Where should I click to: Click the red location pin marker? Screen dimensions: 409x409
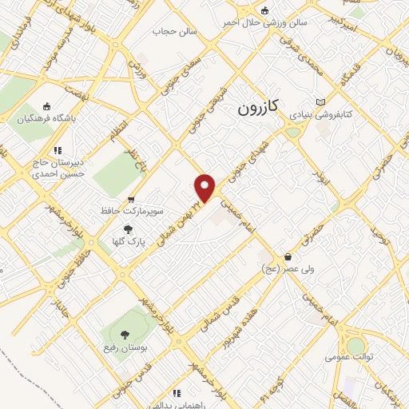coord(205,188)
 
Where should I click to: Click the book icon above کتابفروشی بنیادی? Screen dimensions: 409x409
coord(321,103)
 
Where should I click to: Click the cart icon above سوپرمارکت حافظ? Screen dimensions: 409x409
coord(132,200)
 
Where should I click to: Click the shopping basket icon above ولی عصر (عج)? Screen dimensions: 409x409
coord(285,257)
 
